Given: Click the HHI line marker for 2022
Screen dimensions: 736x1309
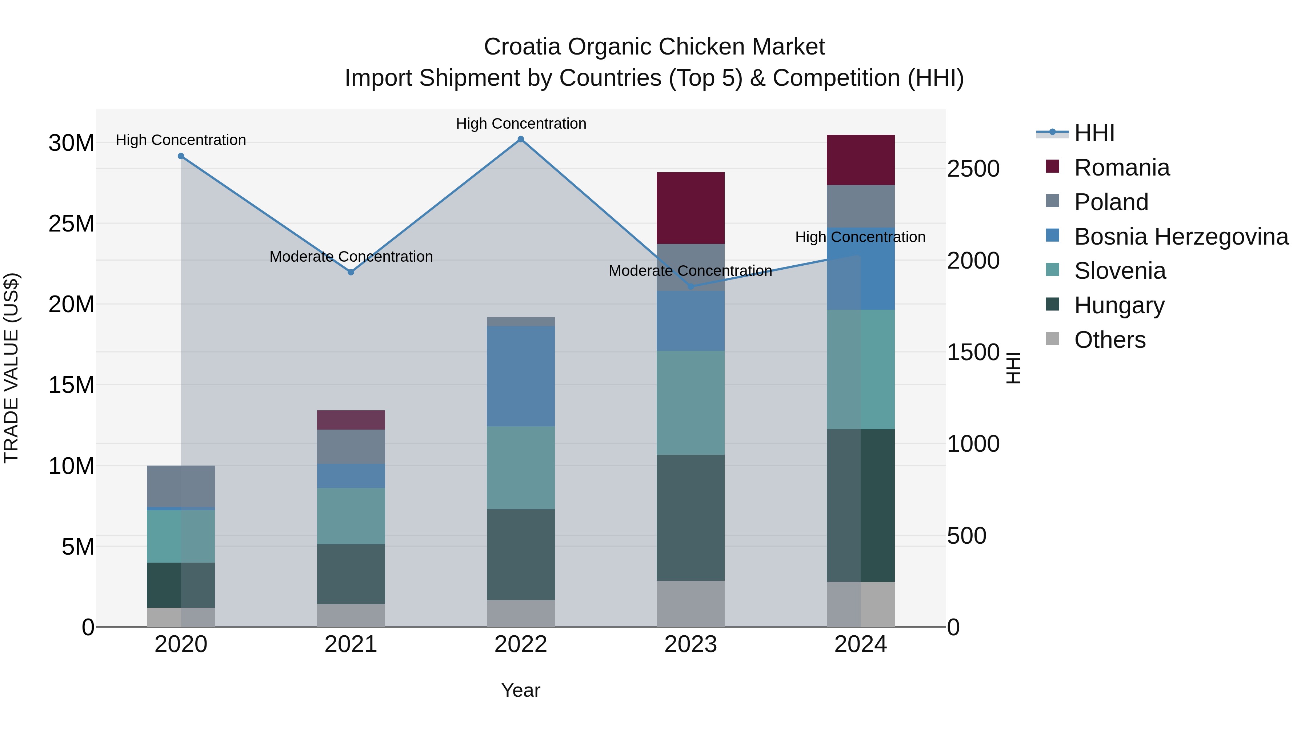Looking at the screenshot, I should point(520,139).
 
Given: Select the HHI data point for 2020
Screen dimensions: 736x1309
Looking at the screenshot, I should point(181,156).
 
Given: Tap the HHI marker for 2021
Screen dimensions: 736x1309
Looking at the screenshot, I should point(351,272).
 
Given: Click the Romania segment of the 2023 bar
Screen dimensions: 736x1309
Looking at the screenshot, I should point(690,208).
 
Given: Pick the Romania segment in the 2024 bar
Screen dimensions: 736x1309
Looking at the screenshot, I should point(860,160).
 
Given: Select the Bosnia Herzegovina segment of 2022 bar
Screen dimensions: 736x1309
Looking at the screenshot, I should point(520,376).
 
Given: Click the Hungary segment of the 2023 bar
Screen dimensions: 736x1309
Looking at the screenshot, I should point(690,517).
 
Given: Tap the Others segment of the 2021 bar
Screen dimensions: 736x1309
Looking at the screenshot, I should point(351,615).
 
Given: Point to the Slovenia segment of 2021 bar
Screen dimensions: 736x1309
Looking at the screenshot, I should point(351,516).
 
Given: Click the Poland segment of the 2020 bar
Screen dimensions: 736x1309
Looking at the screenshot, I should point(181,486).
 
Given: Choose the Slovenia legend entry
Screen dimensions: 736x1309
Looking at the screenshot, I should point(1120,271).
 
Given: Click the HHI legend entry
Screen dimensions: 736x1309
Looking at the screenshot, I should point(1094,133).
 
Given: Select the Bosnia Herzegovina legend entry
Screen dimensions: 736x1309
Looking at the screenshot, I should point(1180,237).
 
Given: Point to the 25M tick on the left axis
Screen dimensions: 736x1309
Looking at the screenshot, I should point(71,224).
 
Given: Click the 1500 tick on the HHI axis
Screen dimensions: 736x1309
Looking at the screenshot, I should point(973,353).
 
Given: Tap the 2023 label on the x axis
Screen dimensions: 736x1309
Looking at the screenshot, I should point(690,644).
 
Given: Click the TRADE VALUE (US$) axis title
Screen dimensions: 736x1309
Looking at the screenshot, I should point(11,368).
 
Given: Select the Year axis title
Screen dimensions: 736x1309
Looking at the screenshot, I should point(520,690).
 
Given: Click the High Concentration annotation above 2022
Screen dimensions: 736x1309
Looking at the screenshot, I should point(521,124).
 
